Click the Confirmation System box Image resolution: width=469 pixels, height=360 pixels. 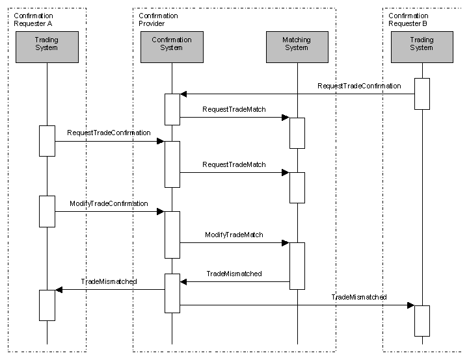(x=172, y=47)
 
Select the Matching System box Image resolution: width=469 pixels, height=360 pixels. (x=297, y=47)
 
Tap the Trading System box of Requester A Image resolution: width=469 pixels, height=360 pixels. (x=47, y=47)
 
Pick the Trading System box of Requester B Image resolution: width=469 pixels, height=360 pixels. (x=422, y=47)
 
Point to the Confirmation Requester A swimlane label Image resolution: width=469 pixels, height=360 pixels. (x=34, y=19)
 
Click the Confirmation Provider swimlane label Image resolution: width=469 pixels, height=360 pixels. (x=158, y=19)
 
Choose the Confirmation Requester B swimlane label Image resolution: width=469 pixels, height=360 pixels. (x=409, y=19)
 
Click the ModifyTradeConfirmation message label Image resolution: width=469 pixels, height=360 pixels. (x=109, y=204)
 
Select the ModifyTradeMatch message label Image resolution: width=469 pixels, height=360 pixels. (x=234, y=235)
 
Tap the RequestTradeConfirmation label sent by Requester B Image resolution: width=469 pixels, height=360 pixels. (x=359, y=86)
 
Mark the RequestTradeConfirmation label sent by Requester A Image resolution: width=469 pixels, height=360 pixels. (x=109, y=133)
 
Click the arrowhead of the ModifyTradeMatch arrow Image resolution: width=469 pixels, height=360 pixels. (x=285, y=243)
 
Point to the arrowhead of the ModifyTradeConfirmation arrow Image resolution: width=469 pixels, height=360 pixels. (x=160, y=212)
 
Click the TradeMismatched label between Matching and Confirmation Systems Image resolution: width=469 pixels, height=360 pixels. (x=234, y=274)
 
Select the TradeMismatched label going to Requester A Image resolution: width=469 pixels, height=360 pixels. (x=109, y=281)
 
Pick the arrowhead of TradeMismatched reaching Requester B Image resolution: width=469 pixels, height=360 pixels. (x=410, y=305)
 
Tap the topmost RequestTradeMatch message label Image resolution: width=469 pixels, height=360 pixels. (x=234, y=109)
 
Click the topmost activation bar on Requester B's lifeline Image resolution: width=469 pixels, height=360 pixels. (x=422, y=94)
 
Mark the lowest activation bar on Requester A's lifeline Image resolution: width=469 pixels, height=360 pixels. (x=47, y=305)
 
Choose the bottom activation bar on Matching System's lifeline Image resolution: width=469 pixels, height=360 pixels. (x=297, y=265)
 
